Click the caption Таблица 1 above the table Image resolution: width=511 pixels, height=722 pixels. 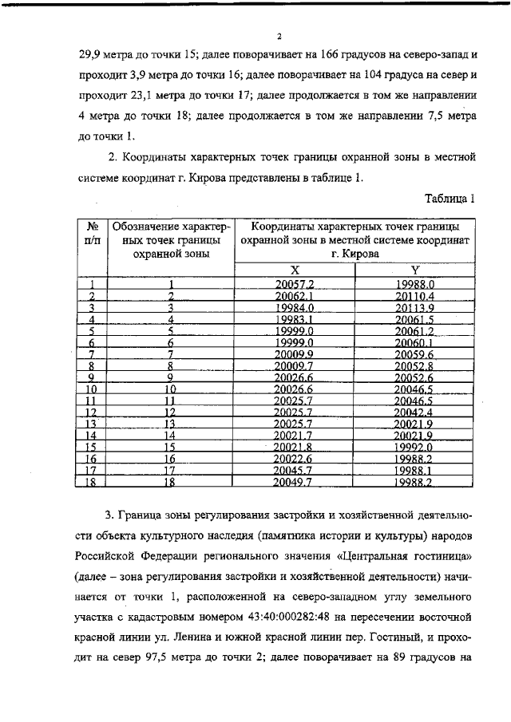tap(450, 199)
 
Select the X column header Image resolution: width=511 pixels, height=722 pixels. tap(294, 270)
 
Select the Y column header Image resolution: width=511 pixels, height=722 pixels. tap(414, 270)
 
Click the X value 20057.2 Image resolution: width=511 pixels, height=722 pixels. tap(294, 283)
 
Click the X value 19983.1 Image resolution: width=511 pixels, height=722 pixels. tap(294, 319)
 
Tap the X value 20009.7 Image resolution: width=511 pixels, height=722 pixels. tap(294, 366)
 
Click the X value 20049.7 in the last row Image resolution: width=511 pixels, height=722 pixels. tap(294, 483)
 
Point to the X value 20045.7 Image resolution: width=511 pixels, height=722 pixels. tap(294, 471)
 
